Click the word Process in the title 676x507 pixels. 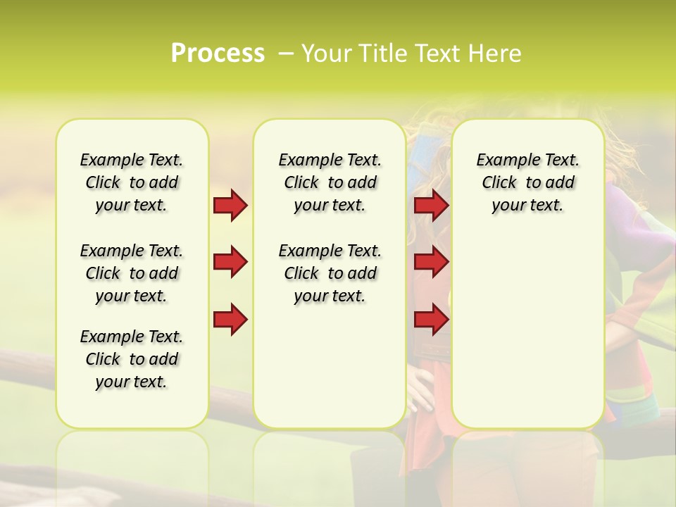(x=218, y=54)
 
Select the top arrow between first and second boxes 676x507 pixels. (x=230, y=206)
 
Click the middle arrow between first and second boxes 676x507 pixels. (x=230, y=263)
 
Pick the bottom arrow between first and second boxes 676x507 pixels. (x=230, y=320)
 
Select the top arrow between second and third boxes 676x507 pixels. (x=431, y=206)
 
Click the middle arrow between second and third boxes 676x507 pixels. (x=431, y=263)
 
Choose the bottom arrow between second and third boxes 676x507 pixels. (x=431, y=320)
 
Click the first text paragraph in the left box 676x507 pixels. (x=132, y=182)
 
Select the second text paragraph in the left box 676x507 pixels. (x=132, y=273)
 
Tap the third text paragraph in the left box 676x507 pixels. (x=132, y=359)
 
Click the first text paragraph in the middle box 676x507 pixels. (x=330, y=182)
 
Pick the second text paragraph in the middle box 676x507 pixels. (x=330, y=273)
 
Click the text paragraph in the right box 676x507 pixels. (x=527, y=182)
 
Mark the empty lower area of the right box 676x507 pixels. (x=527, y=331)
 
